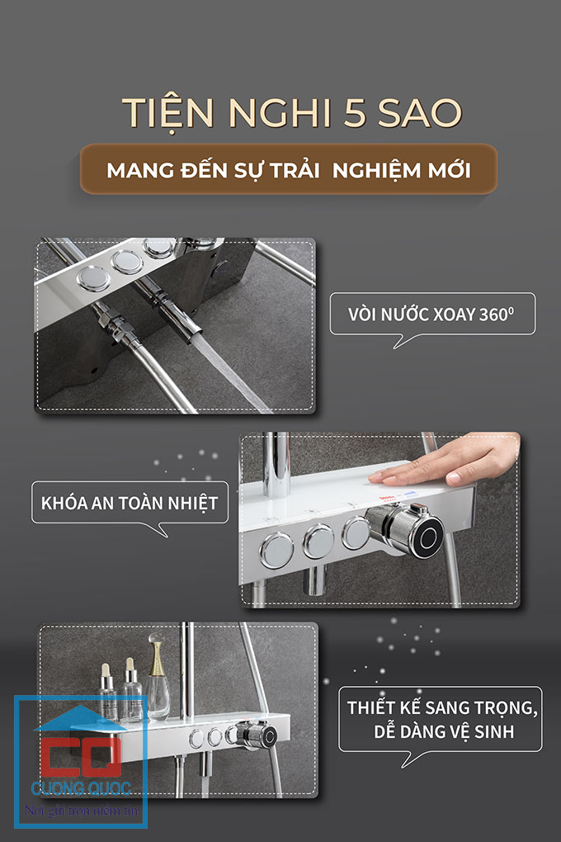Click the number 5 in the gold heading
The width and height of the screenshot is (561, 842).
(354, 113)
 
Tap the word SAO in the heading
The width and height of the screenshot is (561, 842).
(420, 113)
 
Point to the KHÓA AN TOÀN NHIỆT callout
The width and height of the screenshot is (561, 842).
(130, 507)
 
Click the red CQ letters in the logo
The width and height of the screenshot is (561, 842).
(80, 757)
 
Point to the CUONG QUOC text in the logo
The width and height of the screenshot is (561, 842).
(81, 788)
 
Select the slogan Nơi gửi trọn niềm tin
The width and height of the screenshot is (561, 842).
(81, 811)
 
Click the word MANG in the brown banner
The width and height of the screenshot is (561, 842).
(140, 171)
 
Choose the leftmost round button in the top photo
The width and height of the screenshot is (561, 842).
(93, 279)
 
